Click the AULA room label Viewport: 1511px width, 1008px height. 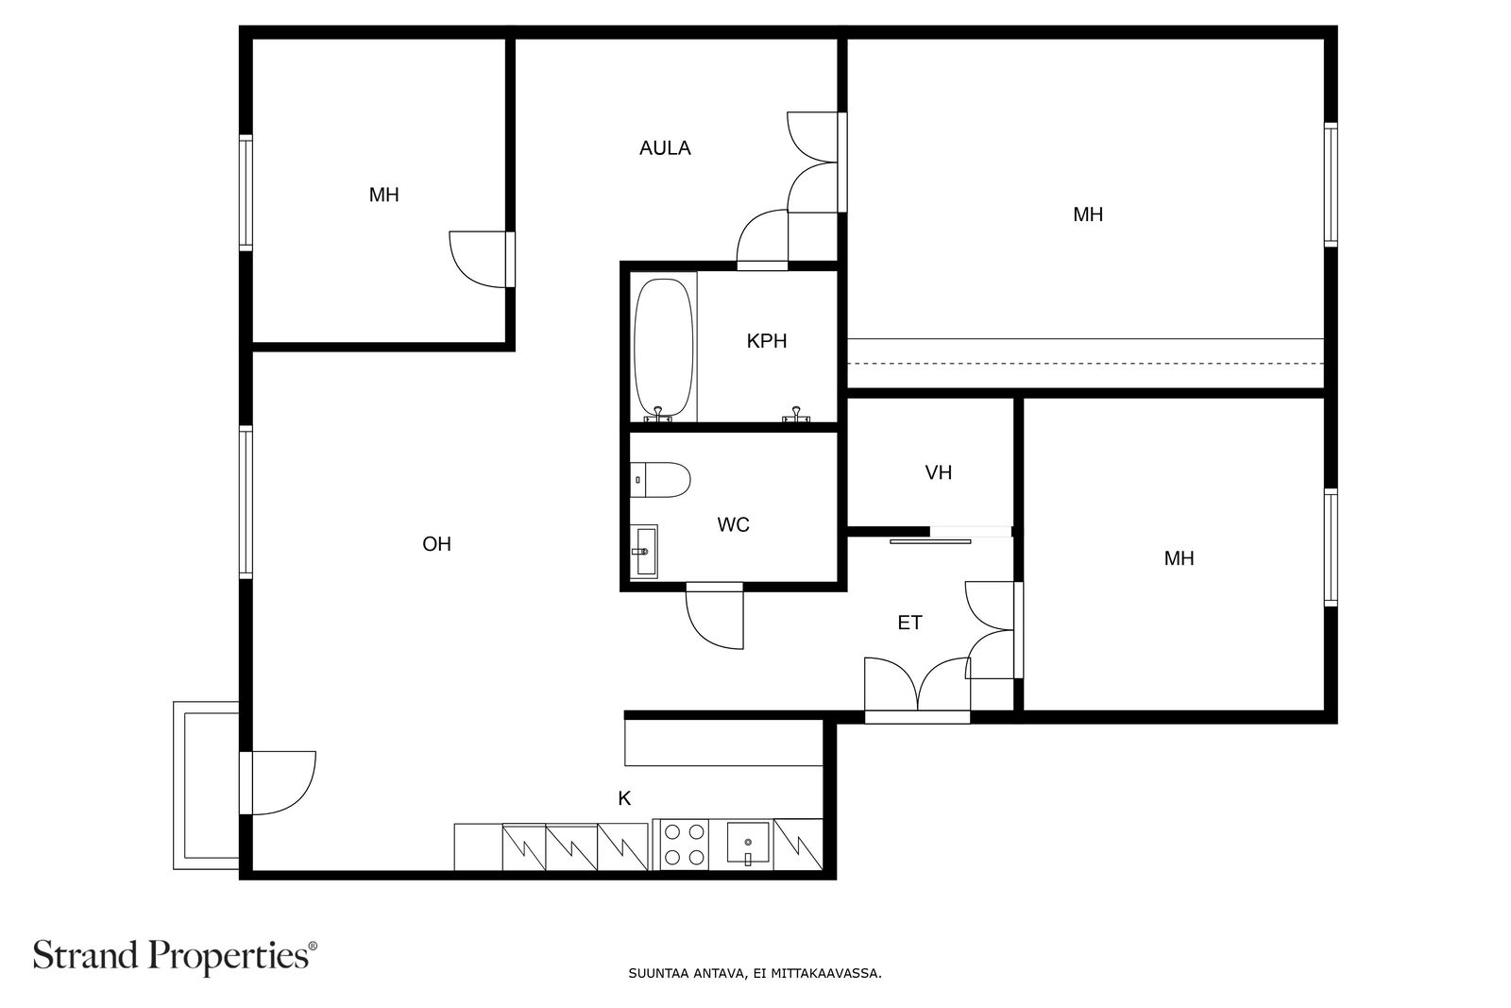point(665,148)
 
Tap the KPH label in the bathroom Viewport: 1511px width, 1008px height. point(766,341)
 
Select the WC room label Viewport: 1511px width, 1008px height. point(733,524)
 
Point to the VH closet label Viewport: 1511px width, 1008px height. point(938,472)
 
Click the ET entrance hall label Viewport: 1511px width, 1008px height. point(909,623)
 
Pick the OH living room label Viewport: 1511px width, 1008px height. point(436,544)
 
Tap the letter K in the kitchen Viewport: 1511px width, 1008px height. point(624,798)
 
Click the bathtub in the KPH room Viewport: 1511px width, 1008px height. point(663,347)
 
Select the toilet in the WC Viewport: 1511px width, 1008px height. point(660,479)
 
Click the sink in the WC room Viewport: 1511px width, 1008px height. point(645,551)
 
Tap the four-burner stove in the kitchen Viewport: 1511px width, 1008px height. point(684,845)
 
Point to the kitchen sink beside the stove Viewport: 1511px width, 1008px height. point(749,843)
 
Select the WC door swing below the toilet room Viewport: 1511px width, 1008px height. point(715,619)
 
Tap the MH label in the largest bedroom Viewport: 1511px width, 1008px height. point(1087,214)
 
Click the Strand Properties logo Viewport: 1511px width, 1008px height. point(175,955)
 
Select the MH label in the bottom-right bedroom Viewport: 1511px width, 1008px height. point(1179,558)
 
